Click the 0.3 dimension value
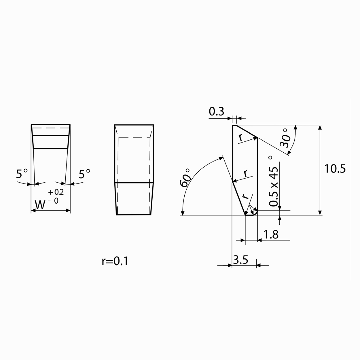pyautogui.click(x=216, y=111)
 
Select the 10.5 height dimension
pyautogui.click(x=335, y=168)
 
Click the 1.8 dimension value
pyautogui.click(x=271, y=234)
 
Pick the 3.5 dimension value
pyautogui.click(x=240, y=259)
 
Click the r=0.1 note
pyautogui.click(x=115, y=261)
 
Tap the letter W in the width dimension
pyautogui.click(x=40, y=205)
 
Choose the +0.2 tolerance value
pyautogui.click(x=56, y=192)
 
